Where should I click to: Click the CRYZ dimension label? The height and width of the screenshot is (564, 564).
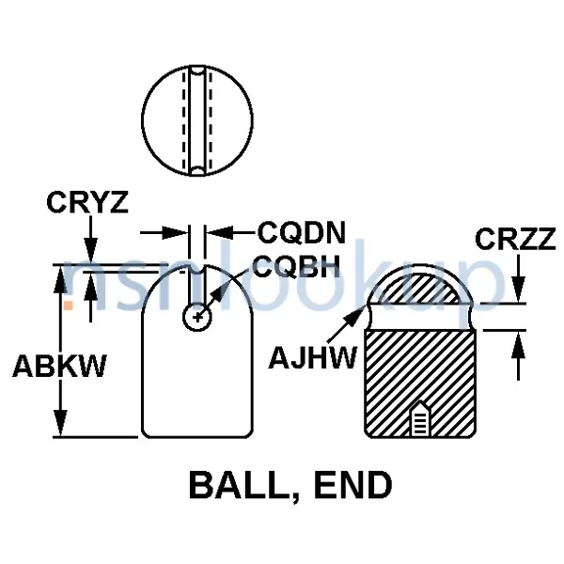(87, 202)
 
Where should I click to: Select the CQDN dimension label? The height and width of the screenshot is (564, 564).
(302, 231)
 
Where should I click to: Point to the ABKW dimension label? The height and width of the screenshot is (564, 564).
(58, 366)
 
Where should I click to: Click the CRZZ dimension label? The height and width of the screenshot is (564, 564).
(517, 241)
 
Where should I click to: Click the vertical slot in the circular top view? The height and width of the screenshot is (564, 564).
(196, 124)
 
